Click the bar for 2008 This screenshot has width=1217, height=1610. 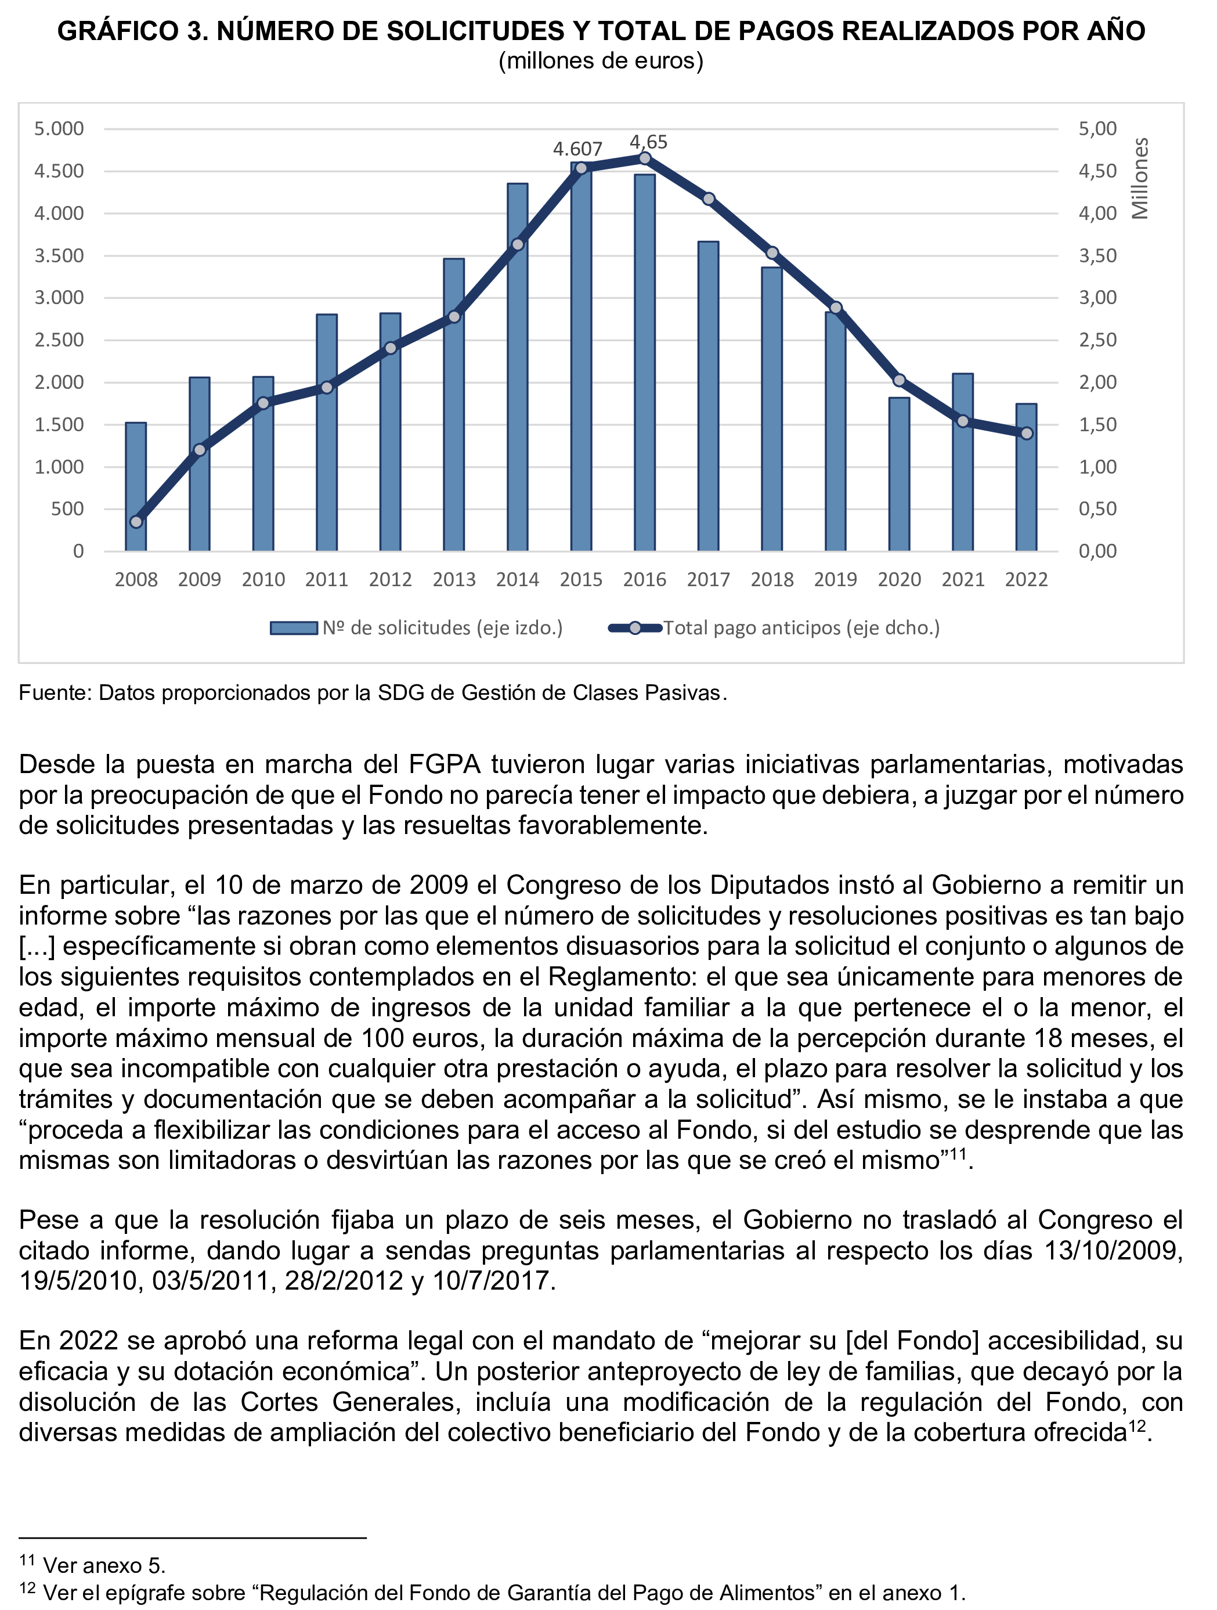[x=136, y=488]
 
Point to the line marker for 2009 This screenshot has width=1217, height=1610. [x=200, y=450]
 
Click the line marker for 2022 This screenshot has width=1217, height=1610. [x=1026, y=434]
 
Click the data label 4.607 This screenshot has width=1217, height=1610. [x=577, y=149]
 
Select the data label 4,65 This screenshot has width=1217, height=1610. [x=648, y=142]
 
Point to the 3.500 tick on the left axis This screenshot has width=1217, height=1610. [x=59, y=255]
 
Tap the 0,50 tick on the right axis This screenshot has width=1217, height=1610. [x=1097, y=509]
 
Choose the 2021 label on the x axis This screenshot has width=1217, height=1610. [x=962, y=580]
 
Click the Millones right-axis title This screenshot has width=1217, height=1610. [x=1140, y=178]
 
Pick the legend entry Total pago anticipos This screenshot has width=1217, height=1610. [x=801, y=628]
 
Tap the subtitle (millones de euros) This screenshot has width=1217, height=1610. [x=601, y=61]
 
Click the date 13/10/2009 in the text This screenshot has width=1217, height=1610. [x=1113, y=1250]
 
